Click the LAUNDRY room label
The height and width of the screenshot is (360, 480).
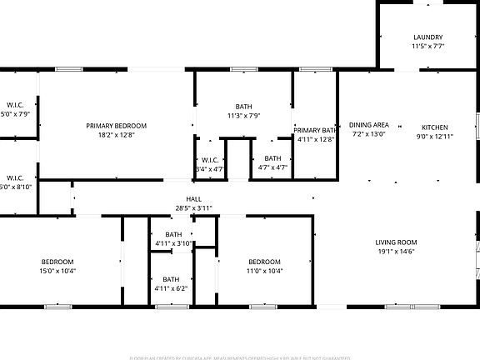[428, 37]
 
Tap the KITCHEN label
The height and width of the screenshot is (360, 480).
[434, 125]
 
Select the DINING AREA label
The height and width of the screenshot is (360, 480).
[369, 125]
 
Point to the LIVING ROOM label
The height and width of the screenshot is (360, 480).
[395, 242]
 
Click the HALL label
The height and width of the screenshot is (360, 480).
[193, 198]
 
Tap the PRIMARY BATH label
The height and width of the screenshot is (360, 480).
[315, 130]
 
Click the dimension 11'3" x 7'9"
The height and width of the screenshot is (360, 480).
[243, 116]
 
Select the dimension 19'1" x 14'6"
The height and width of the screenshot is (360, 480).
[395, 251]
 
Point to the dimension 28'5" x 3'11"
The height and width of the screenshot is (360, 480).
[193, 207]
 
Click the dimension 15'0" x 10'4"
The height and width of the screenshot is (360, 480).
[57, 270]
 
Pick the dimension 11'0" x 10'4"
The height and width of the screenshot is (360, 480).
[264, 270]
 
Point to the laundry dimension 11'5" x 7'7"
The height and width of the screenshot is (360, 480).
[428, 47]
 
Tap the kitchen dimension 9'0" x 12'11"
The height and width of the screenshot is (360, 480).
[434, 135]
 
